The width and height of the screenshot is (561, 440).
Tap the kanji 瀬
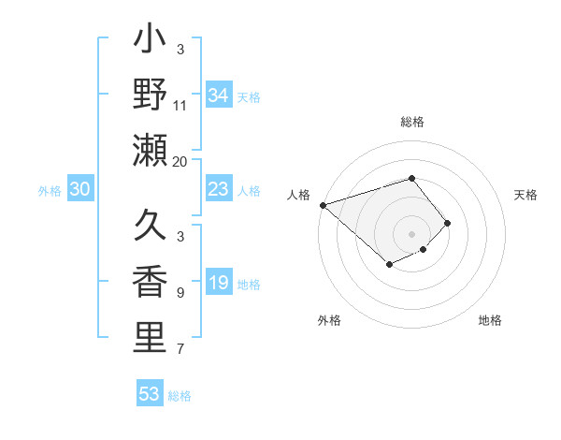point(150,150)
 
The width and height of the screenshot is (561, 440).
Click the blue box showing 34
point(218,95)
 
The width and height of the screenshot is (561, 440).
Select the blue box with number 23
point(218,189)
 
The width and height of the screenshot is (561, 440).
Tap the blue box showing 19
point(218,283)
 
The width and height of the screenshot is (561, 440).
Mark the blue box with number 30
point(79,189)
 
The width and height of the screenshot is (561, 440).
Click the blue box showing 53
point(150,394)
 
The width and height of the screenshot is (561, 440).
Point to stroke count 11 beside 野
point(180,105)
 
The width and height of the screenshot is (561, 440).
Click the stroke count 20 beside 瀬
point(180,161)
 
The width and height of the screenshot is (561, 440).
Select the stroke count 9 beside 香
point(180,293)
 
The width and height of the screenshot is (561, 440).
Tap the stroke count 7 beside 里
point(180,349)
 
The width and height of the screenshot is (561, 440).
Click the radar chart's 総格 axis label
point(412,122)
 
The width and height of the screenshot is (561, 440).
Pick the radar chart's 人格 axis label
point(299,195)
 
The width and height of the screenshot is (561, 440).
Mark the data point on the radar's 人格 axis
point(323,204)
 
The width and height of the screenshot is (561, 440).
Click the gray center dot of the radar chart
point(412,233)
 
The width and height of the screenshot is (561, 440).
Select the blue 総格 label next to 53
point(180,396)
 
